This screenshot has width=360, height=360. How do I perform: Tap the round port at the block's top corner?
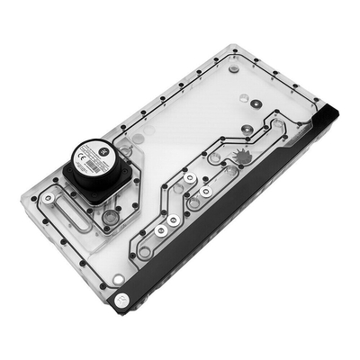[234, 68]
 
